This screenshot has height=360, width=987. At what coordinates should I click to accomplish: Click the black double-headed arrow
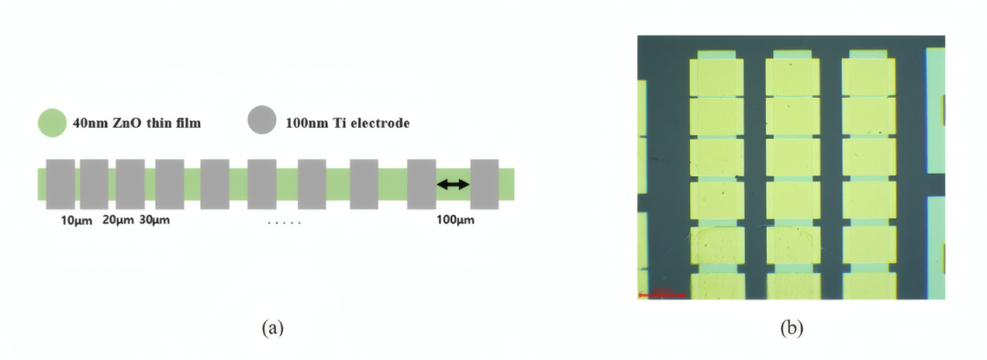pyautogui.click(x=452, y=185)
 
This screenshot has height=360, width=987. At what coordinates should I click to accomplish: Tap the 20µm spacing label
pyautogui.click(x=116, y=220)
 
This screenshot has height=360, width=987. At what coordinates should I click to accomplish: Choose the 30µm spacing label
pyautogui.click(x=155, y=220)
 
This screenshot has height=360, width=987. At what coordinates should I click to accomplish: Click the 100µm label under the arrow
pyautogui.click(x=454, y=220)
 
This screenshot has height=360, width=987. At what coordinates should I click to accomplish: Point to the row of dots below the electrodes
pyautogui.click(x=283, y=222)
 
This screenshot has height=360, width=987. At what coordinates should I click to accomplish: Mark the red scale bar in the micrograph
pyautogui.click(x=661, y=295)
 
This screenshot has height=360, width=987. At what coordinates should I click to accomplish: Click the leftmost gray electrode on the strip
pyautogui.click(x=60, y=184)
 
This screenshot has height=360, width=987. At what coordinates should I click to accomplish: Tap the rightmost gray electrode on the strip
pyautogui.click(x=484, y=184)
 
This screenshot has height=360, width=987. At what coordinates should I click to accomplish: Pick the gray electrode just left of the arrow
pyautogui.click(x=421, y=184)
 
